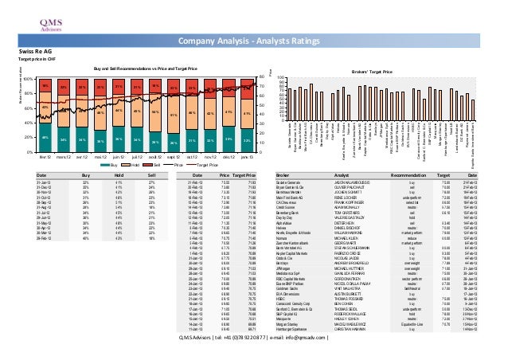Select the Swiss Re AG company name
pyautogui.click(x=23, y=50)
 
